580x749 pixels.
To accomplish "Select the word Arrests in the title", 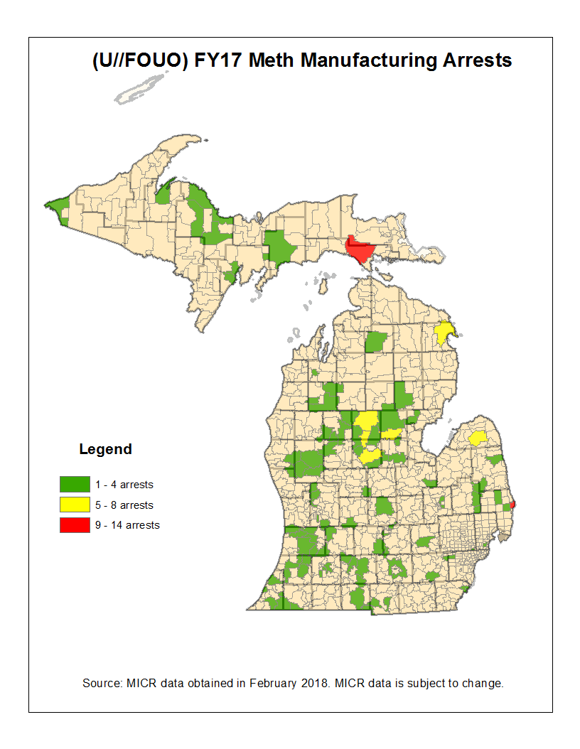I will (478, 60).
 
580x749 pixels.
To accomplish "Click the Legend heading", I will (105, 449).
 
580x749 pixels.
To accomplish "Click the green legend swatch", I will (75, 485).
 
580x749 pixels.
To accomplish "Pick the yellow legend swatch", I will (75, 505).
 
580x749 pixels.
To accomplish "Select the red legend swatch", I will (75, 525).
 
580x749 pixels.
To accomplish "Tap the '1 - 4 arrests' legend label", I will (124, 485).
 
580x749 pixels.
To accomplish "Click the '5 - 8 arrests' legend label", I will (124, 505).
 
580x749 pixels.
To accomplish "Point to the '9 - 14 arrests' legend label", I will (127, 525).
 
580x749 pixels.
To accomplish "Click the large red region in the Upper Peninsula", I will (360, 250).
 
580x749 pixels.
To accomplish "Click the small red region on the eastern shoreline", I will (512, 505).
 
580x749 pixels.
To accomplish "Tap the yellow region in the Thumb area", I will (478, 438).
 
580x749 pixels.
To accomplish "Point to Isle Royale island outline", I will (142, 87).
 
